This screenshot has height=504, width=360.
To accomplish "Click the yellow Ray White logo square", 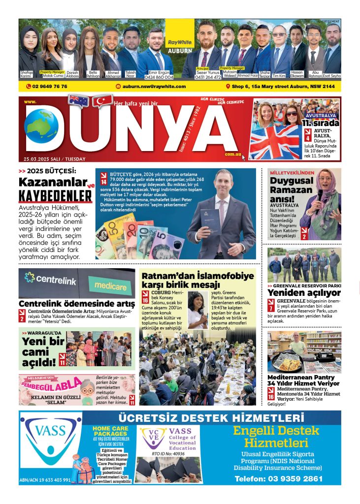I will click(x=179, y=35).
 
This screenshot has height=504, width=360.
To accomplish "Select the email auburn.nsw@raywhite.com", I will click(x=154, y=87).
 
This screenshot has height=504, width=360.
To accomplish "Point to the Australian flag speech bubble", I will click(x=78, y=101).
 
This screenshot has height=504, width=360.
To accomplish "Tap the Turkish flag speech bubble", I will click(x=102, y=102).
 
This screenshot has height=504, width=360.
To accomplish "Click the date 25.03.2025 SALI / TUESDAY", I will click(x=54, y=159).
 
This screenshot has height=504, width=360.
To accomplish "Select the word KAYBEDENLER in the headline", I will click(x=55, y=196).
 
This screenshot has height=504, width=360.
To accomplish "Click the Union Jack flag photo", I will click(x=275, y=141).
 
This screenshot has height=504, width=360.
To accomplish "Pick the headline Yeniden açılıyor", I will click(x=304, y=293).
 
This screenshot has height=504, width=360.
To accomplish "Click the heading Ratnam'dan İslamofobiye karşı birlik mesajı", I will click(x=197, y=280).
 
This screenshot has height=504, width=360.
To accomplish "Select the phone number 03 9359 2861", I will click(x=278, y=478).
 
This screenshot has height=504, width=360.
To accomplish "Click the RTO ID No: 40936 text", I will click(x=167, y=453).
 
